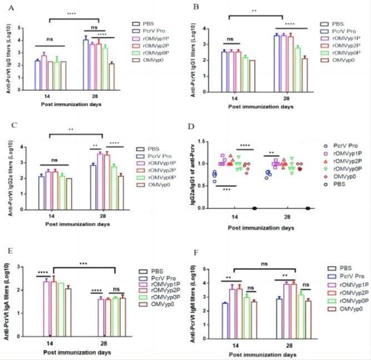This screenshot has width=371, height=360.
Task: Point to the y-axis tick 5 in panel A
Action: click(20, 27)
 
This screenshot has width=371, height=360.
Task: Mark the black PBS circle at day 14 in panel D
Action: click(254, 208)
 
